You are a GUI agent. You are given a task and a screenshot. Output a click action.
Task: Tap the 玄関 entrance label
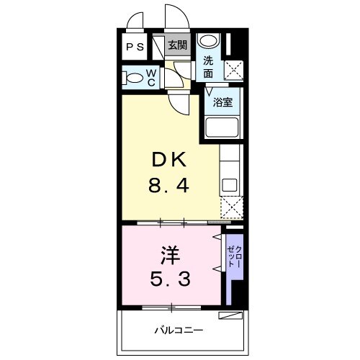(176, 45)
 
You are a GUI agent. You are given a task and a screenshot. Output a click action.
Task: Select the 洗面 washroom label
(208, 67)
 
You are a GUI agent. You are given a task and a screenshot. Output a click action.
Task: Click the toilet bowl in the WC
(134, 76)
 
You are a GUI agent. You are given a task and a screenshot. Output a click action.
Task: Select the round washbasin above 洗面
(208, 41)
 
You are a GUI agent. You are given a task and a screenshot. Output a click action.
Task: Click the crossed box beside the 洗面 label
(233, 70)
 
